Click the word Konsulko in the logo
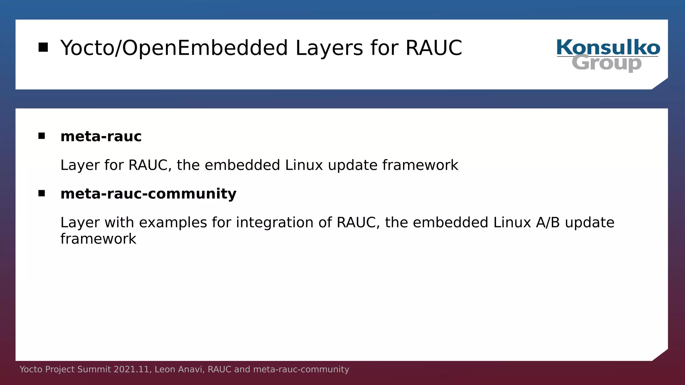tap(608, 47)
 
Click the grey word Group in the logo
tap(606, 63)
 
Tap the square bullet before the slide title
tap(43, 47)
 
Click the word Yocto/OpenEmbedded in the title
tap(174, 48)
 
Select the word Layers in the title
tap(329, 48)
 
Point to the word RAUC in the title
tap(433, 48)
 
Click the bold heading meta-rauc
tap(101, 136)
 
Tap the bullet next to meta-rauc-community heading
tap(41, 193)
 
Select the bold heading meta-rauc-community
tap(148, 194)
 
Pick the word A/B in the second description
tap(548, 223)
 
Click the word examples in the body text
tap(173, 223)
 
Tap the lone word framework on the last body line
tap(98, 239)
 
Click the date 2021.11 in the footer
tap(131, 369)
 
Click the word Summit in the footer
tap(94, 369)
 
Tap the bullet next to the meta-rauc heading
tap(41, 136)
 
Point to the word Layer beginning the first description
tap(80, 165)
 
